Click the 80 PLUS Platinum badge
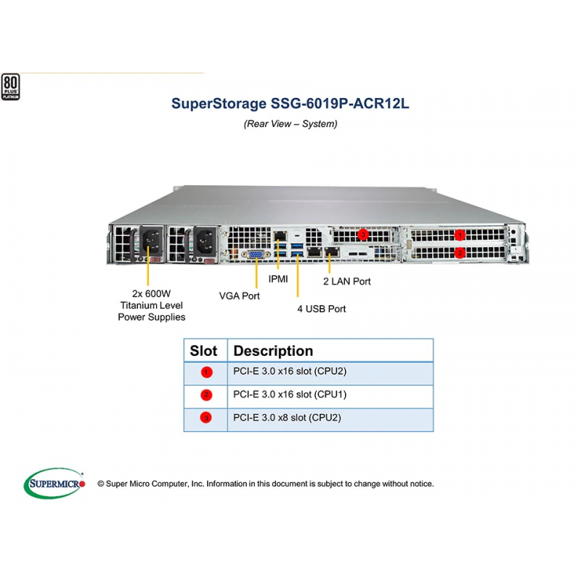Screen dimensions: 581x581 coord(10,86)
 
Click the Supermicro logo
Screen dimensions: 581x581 coord(54,483)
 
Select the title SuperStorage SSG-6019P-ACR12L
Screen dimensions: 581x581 coord(290,103)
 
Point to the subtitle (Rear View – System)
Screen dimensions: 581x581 coord(290,123)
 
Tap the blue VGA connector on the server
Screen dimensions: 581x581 coord(256,255)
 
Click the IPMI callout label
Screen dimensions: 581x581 coord(278,279)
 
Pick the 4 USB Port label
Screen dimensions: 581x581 coord(322,309)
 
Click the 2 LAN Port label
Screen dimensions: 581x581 coord(347,282)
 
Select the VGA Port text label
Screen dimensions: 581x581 coord(240,296)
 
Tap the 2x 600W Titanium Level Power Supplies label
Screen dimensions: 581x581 coord(152,305)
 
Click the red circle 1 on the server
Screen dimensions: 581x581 coord(460,235)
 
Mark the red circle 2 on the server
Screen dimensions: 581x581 coord(460,253)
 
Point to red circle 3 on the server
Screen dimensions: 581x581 coord(363,235)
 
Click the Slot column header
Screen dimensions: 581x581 coord(203,351)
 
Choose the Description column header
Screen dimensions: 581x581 coord(273,351)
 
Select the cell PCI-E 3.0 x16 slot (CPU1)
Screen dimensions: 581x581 coord(290,394)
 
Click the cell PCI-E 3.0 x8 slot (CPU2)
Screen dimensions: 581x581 coord(287,418)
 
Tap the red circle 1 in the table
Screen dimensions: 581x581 coord(206,372)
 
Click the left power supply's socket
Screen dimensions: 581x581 coord(151,241)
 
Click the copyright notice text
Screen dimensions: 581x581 coord(266,484)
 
